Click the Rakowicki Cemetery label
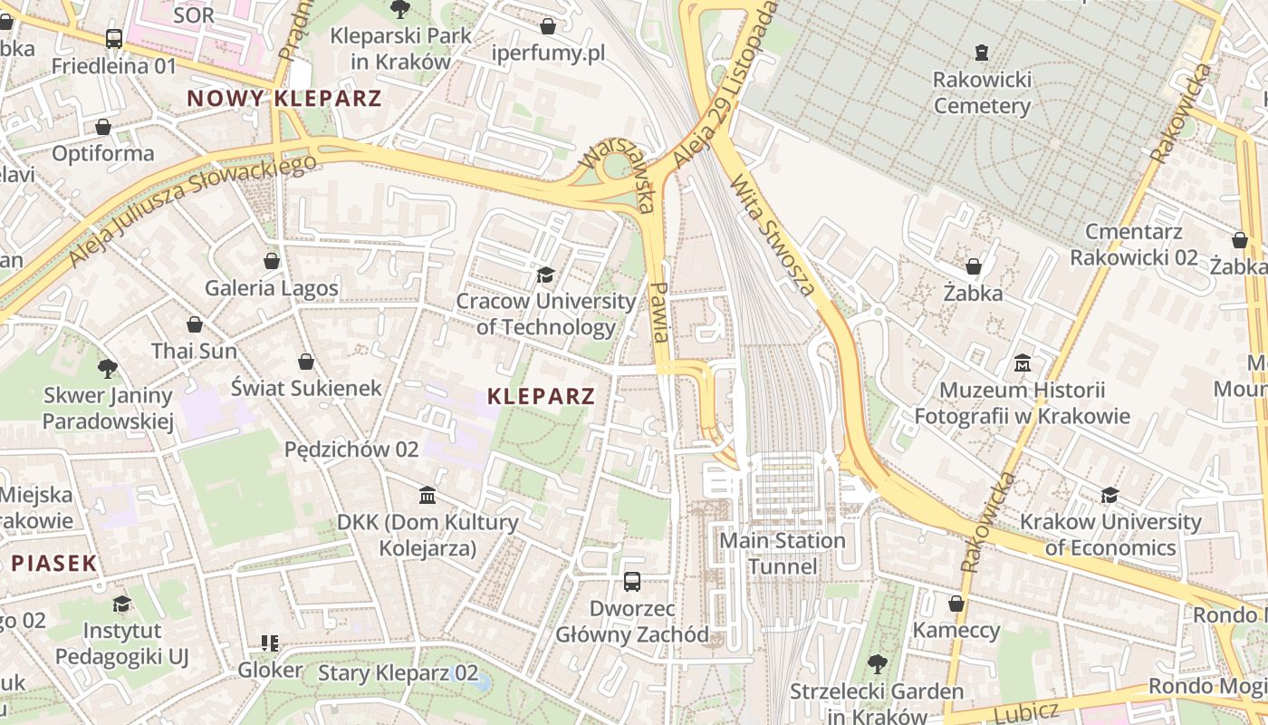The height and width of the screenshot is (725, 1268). tap(982, 92)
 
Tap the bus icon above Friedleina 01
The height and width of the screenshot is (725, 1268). tap(114, 39)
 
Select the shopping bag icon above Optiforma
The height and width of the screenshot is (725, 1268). tap(103, 127)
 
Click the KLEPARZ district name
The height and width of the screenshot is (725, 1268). tap(541, 396)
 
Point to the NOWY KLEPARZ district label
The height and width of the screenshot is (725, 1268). tap(284, 99)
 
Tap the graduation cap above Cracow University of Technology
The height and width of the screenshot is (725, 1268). tap(545, 275)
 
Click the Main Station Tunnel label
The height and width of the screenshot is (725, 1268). tap(782, 554)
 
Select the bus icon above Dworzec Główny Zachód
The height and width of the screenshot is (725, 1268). tap(631, 582)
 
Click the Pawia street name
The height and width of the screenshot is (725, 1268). tap(660, 311)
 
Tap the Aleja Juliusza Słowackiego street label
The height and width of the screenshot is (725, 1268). tap(192, 210)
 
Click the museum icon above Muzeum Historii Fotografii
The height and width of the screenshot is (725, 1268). tap(1023, 363)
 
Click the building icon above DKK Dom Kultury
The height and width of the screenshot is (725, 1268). tap(427, 496)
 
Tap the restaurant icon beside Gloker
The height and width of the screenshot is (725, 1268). tap(270, 643)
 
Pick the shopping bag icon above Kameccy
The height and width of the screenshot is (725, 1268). tap(956, 604)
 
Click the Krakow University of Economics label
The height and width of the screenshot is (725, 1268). tap(1109, 535)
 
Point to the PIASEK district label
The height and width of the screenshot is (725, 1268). tap(54, 563)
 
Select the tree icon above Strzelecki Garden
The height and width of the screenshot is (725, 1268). tap(877, 664)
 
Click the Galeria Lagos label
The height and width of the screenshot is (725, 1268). tap(272, 288)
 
